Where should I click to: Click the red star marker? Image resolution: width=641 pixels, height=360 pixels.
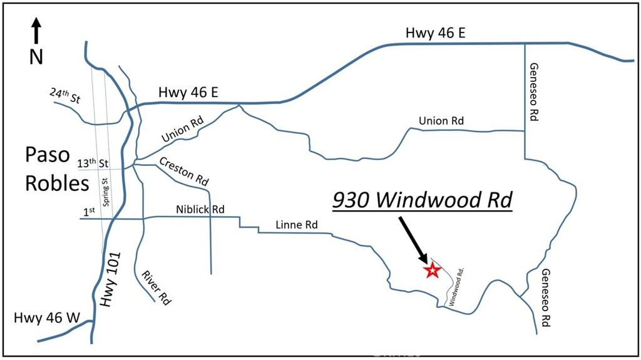(x=431, y=270)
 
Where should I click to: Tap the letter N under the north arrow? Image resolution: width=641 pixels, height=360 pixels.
(x=36, y=57)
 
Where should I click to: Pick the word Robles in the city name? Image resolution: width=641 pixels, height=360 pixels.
(x=58, y=183)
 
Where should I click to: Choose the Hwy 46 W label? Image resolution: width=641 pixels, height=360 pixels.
(x=47, y=319)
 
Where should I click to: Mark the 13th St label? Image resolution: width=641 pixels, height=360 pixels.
(x=93, y=163)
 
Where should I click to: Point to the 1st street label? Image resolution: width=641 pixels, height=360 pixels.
(x=89, y=212)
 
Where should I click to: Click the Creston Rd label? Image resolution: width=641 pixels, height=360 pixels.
(x=183, y=170)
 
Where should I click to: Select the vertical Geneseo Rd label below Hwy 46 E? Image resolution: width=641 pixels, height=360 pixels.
(x=534, y=91)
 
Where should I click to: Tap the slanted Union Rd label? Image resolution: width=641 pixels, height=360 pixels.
(x=183, y=130)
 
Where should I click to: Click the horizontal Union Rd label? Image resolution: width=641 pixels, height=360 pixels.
(x=441, y=121)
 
